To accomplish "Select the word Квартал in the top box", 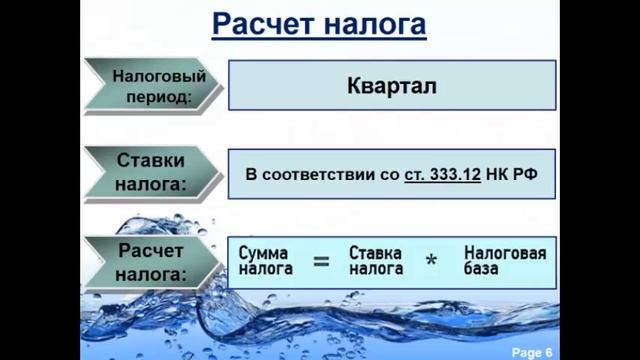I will click(x=391, y=85).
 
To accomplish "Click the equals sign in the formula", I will click(x=321, y=262).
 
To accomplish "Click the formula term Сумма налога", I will click(x=265, y=261).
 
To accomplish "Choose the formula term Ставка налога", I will click(x=376, y=261).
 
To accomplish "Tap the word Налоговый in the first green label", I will click(x=159, y=76).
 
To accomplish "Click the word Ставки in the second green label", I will click(x=151, y=161).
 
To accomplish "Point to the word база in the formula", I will click(x=484, y=269).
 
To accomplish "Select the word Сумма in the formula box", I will click(x=265, y=253).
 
